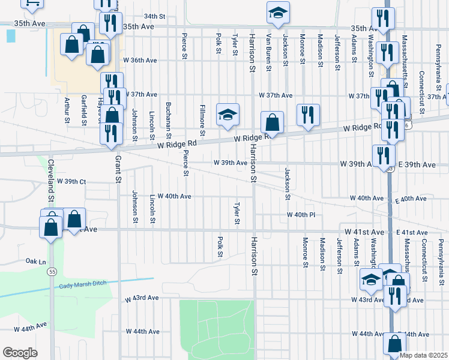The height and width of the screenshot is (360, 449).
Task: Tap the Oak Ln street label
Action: pyautogui.click(x=36, y=262)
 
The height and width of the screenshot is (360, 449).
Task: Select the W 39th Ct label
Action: pyautogui.click(x=72, y=181)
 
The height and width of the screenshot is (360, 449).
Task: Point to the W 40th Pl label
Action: pyautogui.click(x=301, y=214)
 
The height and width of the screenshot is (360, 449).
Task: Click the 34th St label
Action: pyautogui.click(x=154, y=16)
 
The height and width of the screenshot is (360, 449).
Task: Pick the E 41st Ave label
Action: pyautogui.click(x=411, y=232)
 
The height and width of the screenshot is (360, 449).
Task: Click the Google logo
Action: pyautogui.click(x=20, y=353)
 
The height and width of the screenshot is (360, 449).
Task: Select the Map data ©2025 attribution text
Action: pyautogui.click(x=423, y=355)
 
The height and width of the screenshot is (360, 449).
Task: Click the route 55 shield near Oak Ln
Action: pyautogui.click(x=50, y=272)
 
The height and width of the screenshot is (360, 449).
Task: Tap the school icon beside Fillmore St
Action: pyautogui.click(x=228, y=114)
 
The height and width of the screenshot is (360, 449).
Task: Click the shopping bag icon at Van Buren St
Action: pyautogui.click(x=273, y=122)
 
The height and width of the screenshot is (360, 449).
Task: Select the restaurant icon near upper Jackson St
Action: pyautogui.click(x=308, y=115)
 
